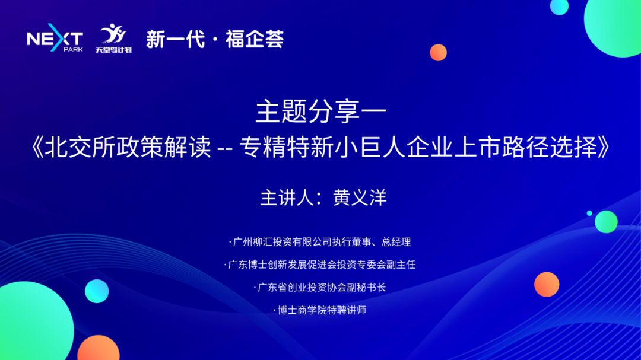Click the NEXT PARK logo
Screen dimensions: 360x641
tap(55, 40)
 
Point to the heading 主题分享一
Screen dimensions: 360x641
tap(320, 111)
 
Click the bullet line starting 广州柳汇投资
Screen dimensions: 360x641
tap(320, 242)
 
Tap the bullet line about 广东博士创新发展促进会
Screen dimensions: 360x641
tap(320, 265)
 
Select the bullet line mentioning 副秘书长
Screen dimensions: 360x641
tap(320, 287)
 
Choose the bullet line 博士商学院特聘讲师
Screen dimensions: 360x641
tap(320, 310)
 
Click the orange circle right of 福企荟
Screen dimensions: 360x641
tap(438, 52)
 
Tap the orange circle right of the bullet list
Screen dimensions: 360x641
tap(546, 284)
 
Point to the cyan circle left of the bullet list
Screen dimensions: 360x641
tap(97, 291)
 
